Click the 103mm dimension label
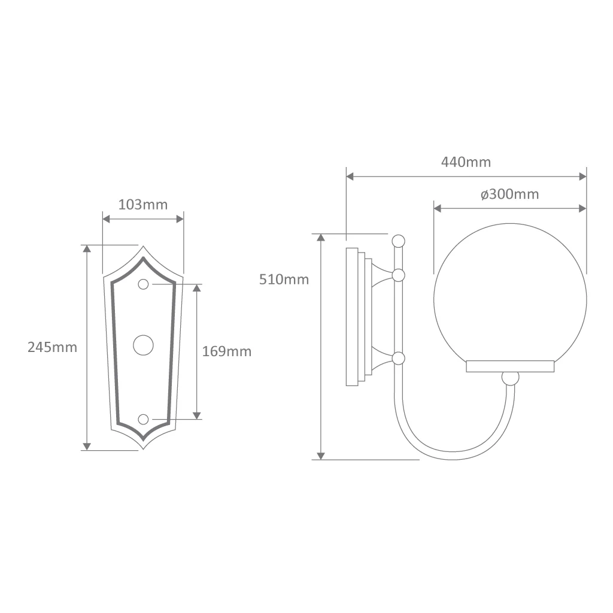(x=142, y=205)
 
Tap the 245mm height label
(x=53, y=347)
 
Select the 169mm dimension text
(x=227, y=351)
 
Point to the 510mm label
(x=284, y=280)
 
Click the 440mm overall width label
(x=466, y=162)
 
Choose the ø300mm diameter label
(x=510, y=194)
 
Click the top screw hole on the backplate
(x=144, y=284)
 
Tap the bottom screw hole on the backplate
(x=144, y=420)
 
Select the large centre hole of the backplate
(x=143, y=345)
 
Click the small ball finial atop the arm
(x=398, y=241)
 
